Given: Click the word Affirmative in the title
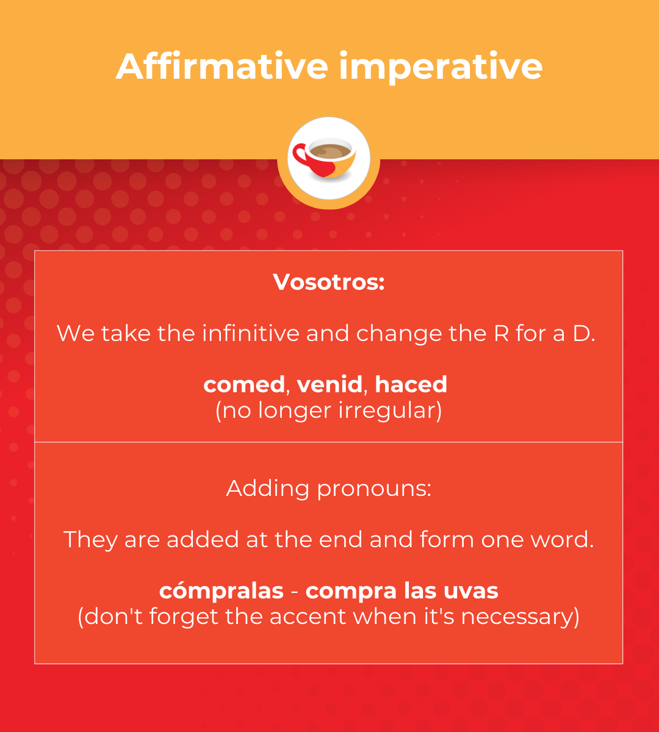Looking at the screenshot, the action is pyautogui.click(x=222, y=66).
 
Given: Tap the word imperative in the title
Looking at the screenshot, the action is pyautogui.click(x=441, y=68).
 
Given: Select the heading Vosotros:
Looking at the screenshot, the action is pyautogui.click(x=329, y=282).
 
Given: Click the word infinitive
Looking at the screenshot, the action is pyautogui.click(x=250, y=333).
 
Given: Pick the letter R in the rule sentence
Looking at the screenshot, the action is pyautogui.click(x=501, y=333).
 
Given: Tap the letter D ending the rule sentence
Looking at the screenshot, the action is pyautogui.click(x=580, y=333).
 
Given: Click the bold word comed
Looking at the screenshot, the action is pyautogui.click(x=244, y=384).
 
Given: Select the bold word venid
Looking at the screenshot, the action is pyautogui.click(x=329, y=384).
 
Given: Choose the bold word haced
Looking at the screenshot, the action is pyautogui.click(x=411, y=384).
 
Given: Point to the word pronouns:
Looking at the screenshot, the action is pyautogui.click(x=374, y=488).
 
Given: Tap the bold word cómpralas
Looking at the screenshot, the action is pyautogui.click(x=221, y=590).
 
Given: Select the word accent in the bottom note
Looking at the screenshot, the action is pyautogui.click(x=308, y=617).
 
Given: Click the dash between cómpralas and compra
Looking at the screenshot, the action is pyautogui.click(x=295, y=592).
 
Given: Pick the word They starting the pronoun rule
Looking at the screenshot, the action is pyautogui.click(x=90, y=540).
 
